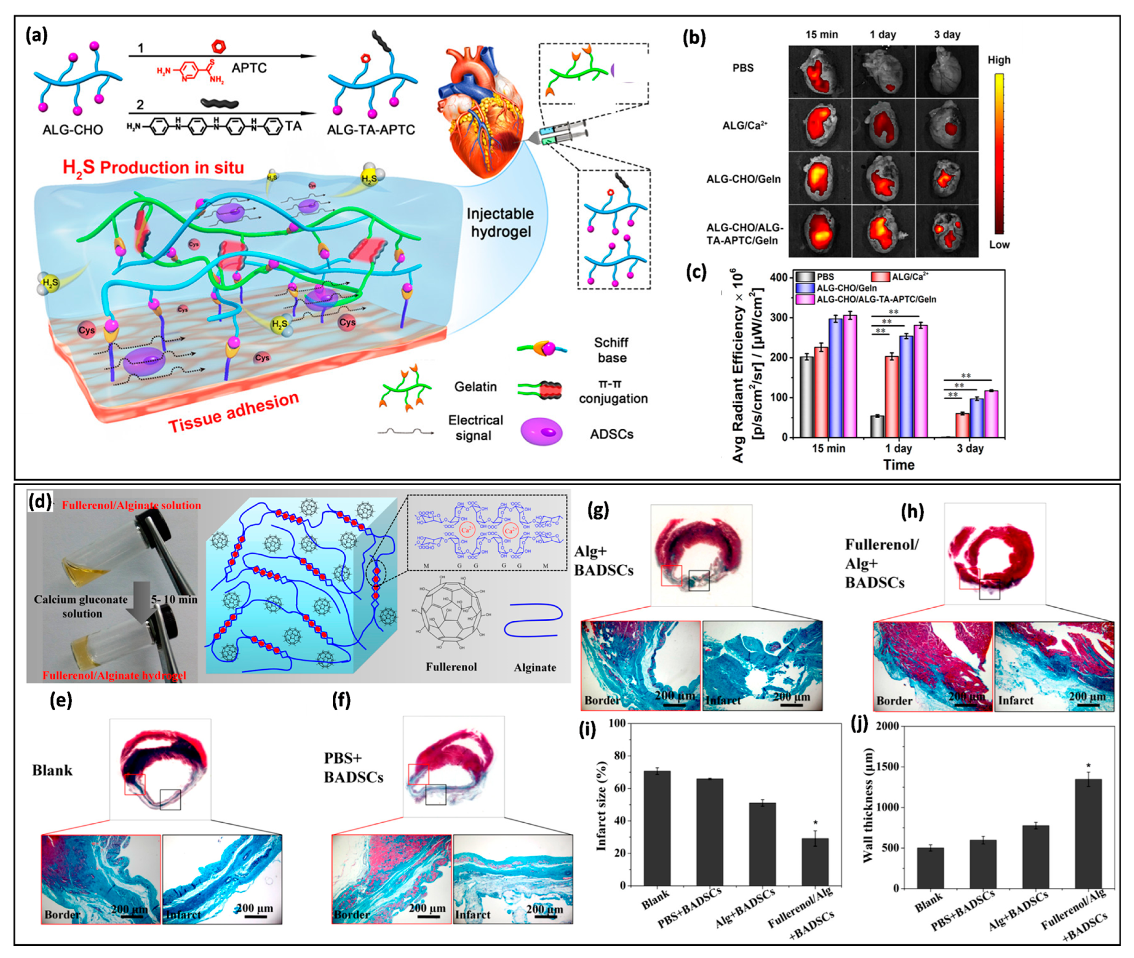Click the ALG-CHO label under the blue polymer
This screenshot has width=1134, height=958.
pyautogui.click(x=73, y=130)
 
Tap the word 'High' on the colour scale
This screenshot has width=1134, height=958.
pyautogui.click(x=999, y=60)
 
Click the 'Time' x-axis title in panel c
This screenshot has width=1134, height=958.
pyautogui.click(x=898, y=465)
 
